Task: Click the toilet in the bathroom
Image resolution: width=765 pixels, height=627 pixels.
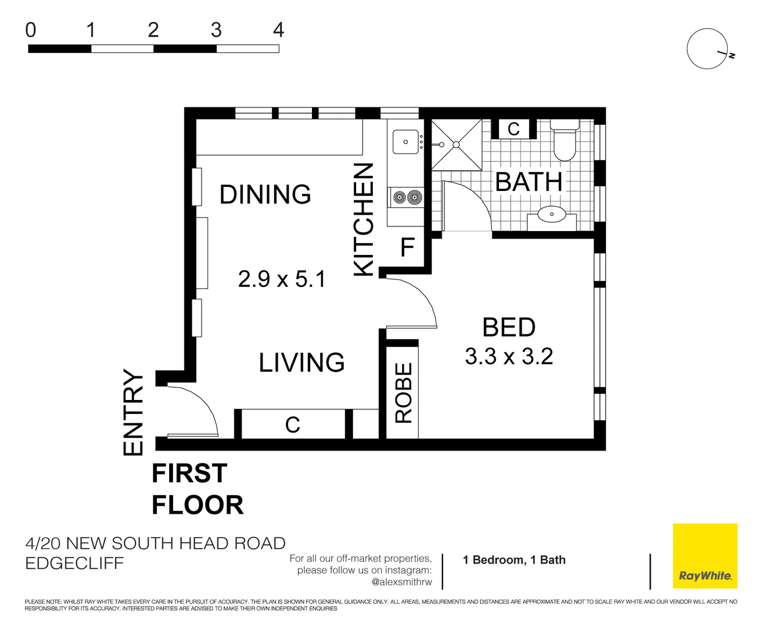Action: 564,142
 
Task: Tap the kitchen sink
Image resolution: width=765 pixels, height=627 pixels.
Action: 405,142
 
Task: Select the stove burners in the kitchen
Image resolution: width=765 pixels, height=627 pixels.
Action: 406,198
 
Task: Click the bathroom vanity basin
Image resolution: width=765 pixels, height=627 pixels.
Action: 551,214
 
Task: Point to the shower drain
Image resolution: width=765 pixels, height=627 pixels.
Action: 457,145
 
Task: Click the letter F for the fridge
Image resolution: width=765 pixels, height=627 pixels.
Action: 407,248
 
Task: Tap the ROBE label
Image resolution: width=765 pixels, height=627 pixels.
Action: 403,392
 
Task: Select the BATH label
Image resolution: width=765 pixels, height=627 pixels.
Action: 529,182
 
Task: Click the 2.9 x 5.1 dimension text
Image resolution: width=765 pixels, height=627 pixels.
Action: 282,279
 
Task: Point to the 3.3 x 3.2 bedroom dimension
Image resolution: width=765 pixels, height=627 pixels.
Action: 509,356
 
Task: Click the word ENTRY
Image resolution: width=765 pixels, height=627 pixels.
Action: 133,412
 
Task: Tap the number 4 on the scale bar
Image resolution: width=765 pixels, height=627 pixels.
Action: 278,30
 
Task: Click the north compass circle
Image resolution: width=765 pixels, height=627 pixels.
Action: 707,49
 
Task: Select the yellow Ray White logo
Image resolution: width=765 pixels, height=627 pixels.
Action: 705,556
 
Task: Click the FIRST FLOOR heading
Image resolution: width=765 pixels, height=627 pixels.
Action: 197,489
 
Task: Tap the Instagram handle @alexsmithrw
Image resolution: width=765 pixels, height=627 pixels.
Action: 401,582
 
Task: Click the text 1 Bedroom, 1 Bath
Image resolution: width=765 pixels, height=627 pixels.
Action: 514,560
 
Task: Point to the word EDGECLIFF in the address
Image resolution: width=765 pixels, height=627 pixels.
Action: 74,564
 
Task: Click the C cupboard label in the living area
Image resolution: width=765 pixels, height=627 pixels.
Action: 293,425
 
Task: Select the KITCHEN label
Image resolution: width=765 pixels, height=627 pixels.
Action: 364,219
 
